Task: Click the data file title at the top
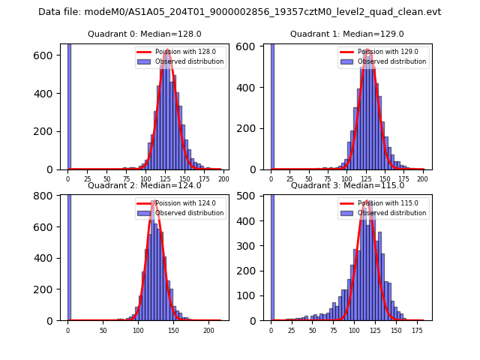point(239,12)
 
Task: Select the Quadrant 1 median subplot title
point(347,34)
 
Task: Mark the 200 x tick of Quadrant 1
point(424,180)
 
